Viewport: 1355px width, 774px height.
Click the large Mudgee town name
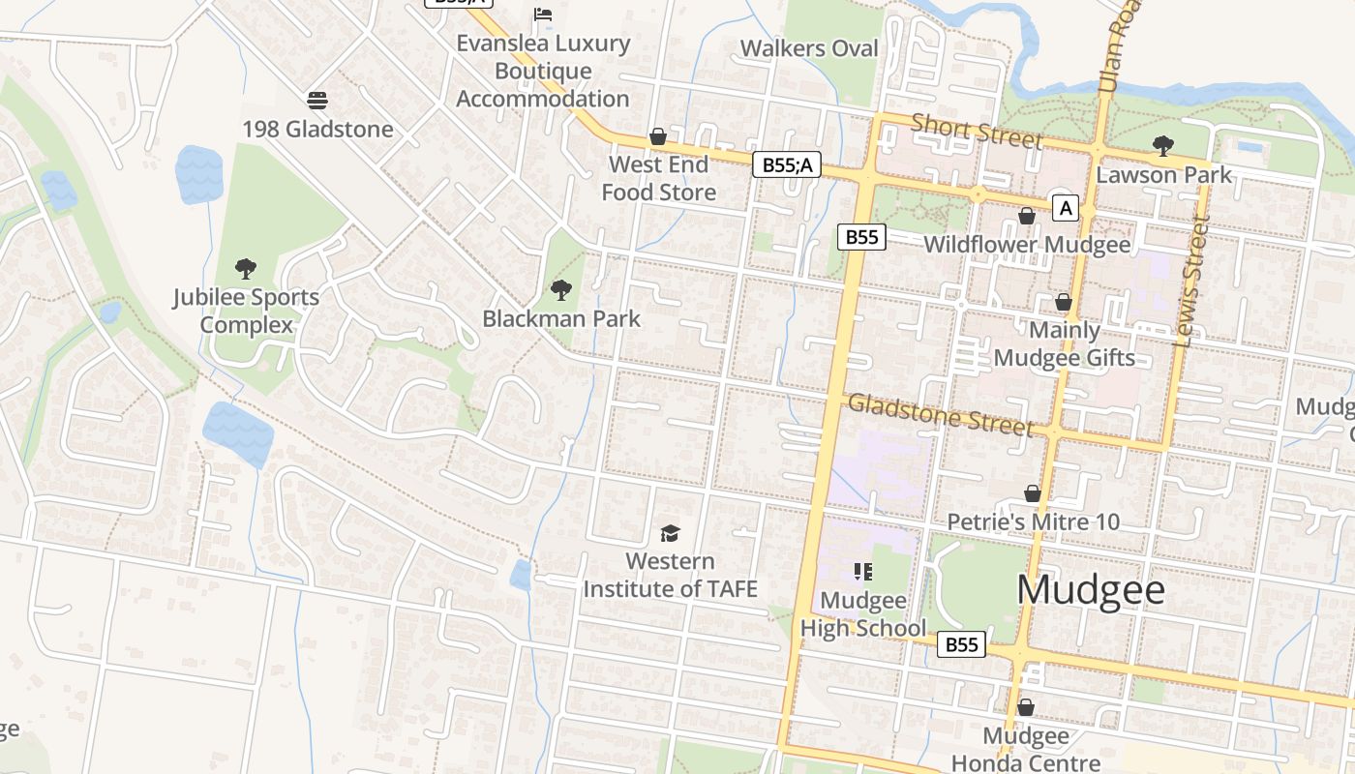[1091, 589]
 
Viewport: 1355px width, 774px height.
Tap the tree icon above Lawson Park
[1162, 146]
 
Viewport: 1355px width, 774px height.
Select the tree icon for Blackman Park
[560, 290]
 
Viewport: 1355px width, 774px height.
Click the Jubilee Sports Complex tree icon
[246, 269]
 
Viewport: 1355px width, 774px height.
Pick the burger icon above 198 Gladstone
[317, 101]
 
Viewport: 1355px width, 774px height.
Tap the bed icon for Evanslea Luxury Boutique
[543, 15]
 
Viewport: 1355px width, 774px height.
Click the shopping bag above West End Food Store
[658, 136]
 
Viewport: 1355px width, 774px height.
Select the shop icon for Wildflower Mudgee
[1026, 216]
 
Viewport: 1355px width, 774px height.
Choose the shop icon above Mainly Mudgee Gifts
[1063, 303]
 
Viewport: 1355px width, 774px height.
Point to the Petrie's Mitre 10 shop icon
[1033, 494]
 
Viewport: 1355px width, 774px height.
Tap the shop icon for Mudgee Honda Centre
[1026, 708]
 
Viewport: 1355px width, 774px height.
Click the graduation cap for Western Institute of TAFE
[670, 533]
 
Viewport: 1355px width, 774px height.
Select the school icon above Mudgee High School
[862, 572]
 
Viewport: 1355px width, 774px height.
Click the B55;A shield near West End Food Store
[786, 165]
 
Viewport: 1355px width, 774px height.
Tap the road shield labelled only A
[1066, 208]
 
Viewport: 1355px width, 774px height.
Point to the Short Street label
[977, 131]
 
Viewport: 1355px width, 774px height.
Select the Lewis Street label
[1191, 280]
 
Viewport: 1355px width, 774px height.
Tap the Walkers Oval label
[809, 48]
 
